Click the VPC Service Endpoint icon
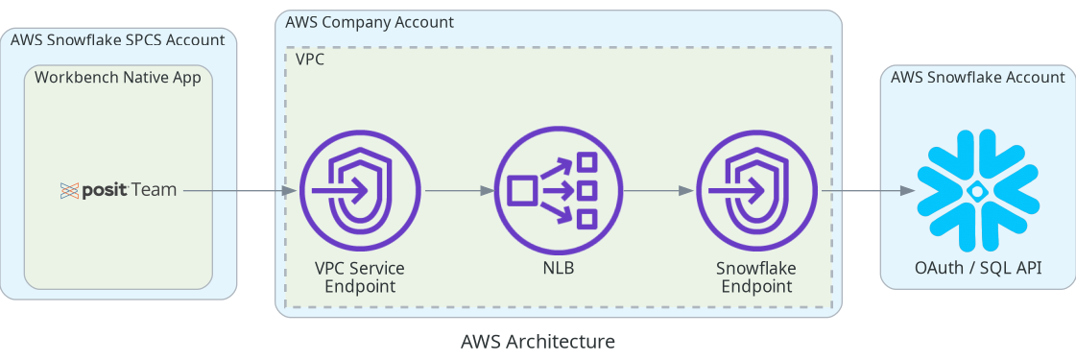point(360,190)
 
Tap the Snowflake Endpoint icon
point(756,190)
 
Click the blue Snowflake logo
point(976,190)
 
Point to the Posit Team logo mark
point(68,190)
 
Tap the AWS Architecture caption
point(538,341)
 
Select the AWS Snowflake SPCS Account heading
point(117,40)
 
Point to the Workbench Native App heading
point(118,78)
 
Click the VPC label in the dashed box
point(310,59)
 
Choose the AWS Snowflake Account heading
point(977,78)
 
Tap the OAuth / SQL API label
point(976,268)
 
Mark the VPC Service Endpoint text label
point(360,276)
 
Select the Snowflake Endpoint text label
point(756,276)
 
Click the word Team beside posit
point(154,190)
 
